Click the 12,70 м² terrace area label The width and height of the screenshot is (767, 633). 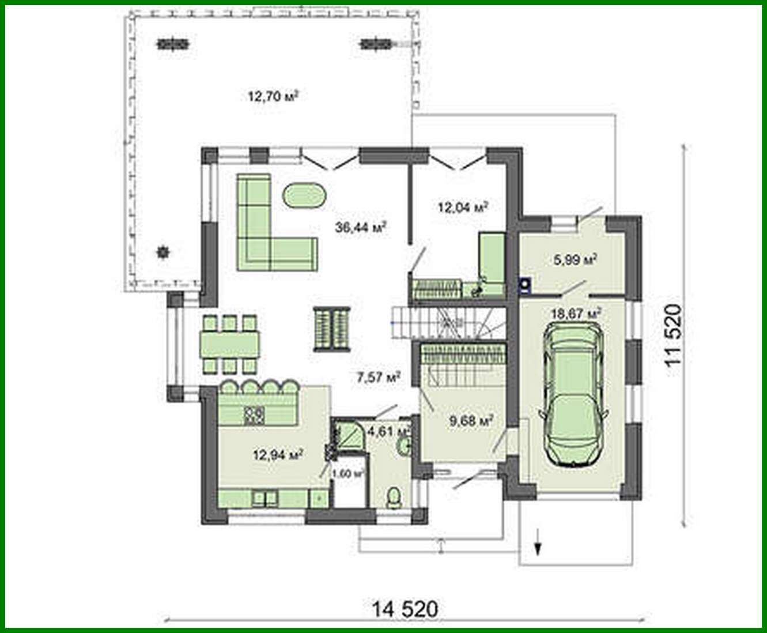pyautogui.click(x=273, y=96)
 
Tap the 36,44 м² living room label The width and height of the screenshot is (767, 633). pyautogui.click(x=360, y=227)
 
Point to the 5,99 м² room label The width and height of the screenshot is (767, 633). pyautogui.click(x=575, y=259)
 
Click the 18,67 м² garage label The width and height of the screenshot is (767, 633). pyautogui.click(x=576, y=314)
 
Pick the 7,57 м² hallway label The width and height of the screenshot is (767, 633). pyautogui.click(x=378, y=378)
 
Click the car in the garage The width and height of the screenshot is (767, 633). pyautogui.click(x=573, y=394)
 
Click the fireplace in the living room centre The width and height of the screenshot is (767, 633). pyautogui.click(x=332, y=328)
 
